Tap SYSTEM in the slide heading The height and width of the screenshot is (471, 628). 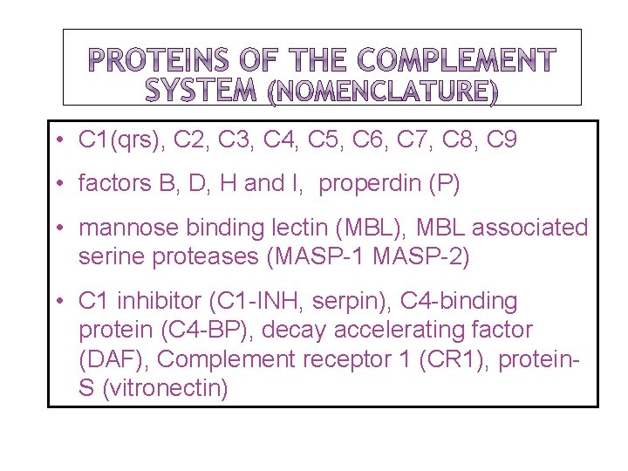click(200, 90)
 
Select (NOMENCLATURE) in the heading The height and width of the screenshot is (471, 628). click(381, 91)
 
